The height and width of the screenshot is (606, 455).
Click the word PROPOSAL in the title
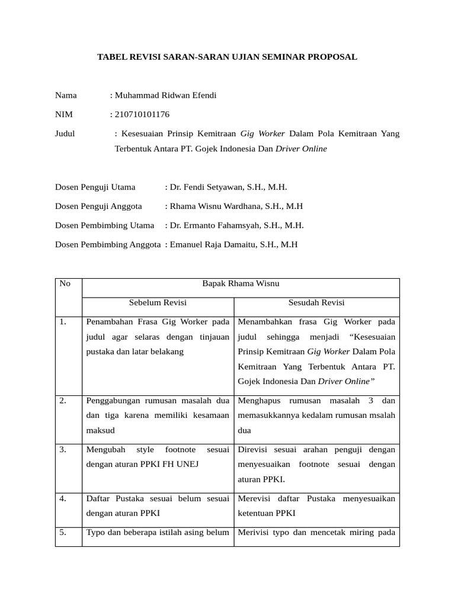tap(334, 57)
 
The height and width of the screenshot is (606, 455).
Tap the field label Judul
tap(65, 133)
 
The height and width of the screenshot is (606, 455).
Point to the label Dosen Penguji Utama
tap(95, 187)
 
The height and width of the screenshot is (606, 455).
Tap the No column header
tap(65, 283)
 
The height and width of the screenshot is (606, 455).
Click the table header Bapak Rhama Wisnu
tap(241, 283)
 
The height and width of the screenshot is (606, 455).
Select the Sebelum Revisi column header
tap(158, 302)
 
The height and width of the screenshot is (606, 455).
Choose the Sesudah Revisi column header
tap(316, 302)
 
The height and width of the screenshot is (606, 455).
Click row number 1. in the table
tap(63, 322)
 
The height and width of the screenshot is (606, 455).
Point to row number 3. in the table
tap(63, 450)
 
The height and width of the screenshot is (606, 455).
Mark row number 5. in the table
tap(63, 533)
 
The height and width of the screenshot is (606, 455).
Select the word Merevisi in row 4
tap(254, 498)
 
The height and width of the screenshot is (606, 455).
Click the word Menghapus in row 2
tap(259, 401)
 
